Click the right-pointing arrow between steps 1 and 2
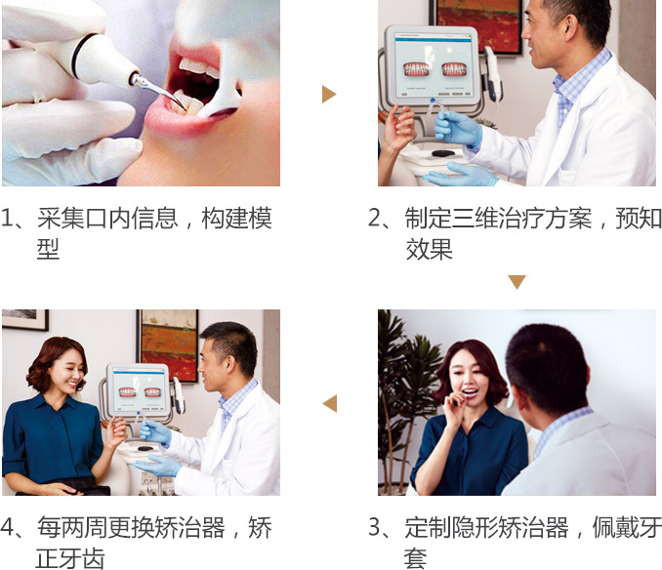329,94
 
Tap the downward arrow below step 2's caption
517,282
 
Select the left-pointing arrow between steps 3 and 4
330,403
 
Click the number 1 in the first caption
6,218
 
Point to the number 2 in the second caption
375,218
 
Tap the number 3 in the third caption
375,527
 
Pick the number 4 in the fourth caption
7,527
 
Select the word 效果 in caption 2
429,249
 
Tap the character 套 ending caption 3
416,558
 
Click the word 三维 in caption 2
475,218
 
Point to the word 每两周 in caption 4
72,527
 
